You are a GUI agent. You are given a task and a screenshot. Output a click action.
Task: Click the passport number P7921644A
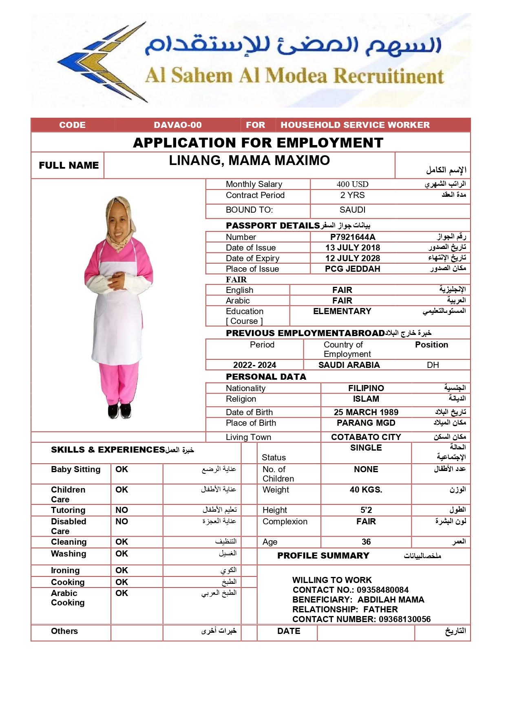click(353, 237)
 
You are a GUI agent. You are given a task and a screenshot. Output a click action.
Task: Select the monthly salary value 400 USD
click(352, 184)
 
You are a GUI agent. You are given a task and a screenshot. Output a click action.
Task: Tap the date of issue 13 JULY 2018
click(353, 248)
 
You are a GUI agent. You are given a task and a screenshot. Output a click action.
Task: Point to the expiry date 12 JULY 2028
click(353, 258)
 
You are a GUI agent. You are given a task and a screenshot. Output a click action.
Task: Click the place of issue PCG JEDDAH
click(353, 269)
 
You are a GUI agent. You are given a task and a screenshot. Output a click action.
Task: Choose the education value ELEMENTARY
click(342, 311)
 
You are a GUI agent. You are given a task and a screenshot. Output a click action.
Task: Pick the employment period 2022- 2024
click(254, 365)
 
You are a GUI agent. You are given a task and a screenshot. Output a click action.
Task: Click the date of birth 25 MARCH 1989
click(366, 412)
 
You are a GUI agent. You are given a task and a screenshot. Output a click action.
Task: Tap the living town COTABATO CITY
click(366, 437)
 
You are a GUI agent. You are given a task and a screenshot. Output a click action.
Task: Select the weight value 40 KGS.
click(366, 490)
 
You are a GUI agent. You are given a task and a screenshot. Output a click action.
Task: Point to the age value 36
click(366, 542)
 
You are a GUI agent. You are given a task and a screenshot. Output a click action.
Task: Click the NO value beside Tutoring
click(122, 510)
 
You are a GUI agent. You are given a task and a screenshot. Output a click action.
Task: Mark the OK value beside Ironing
click(122, 570)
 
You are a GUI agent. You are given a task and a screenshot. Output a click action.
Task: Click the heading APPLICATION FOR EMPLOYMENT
click(258, 143)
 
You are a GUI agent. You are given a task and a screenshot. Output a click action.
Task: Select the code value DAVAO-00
click(178, 125)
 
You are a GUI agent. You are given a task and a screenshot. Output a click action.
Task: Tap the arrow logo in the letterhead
click(102, 61)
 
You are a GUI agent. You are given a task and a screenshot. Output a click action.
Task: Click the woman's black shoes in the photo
click(120, 411)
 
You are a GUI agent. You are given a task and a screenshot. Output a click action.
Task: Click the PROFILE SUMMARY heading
click(323, 556)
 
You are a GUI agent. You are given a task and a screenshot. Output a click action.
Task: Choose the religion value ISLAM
click(366, 399)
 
